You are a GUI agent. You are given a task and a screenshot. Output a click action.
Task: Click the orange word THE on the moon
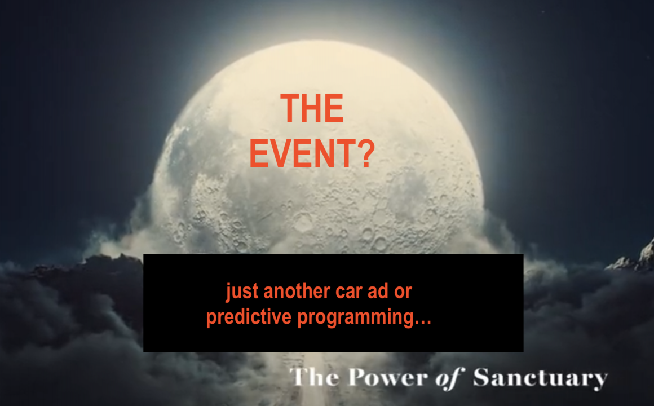[312, 108]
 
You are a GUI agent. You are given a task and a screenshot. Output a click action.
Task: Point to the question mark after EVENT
[365, 153]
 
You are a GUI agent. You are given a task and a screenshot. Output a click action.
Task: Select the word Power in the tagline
[388, 377]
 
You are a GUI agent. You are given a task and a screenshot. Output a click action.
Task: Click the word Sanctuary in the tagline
[540, 378]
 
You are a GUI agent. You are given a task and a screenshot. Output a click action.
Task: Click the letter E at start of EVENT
[259, 153]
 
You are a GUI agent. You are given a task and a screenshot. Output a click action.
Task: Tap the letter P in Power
[357, 377]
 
